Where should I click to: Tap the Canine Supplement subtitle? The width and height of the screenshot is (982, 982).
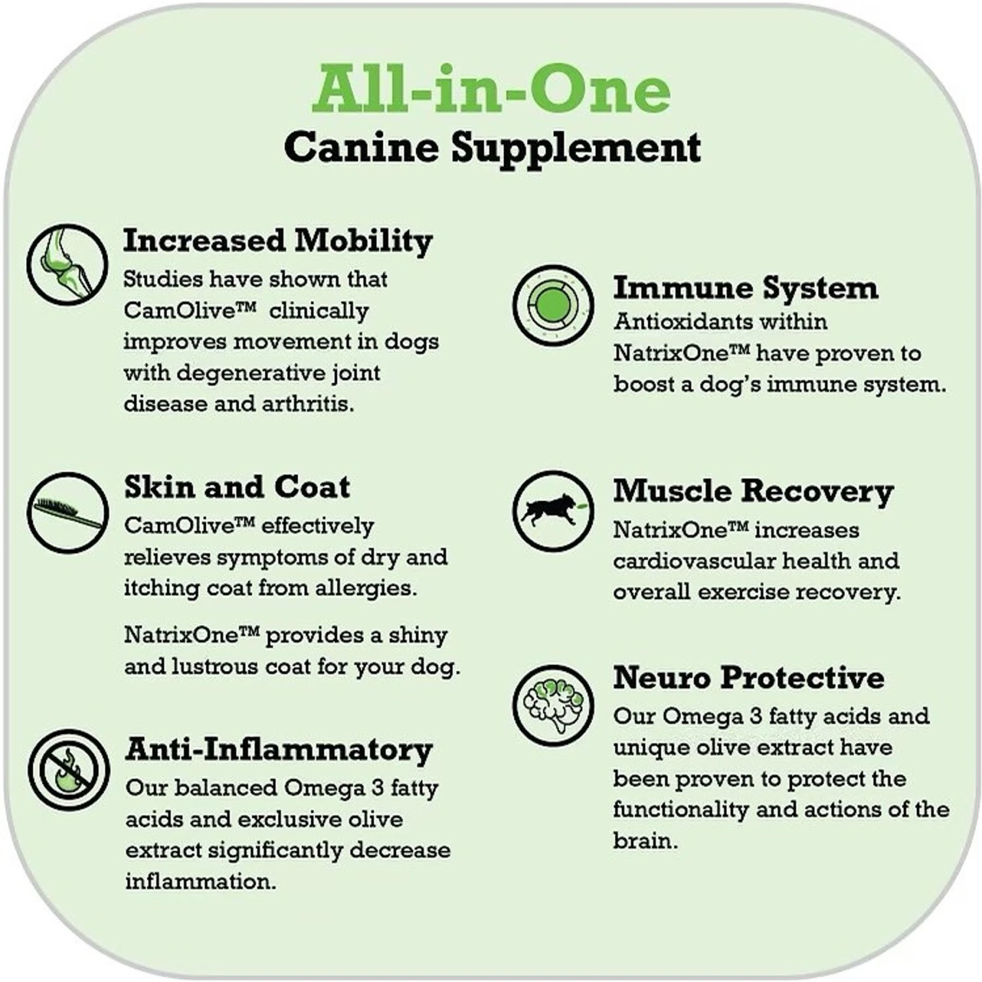click(492, 147)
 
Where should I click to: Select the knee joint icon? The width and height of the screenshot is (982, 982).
click(67, 264)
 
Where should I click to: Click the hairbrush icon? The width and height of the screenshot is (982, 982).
click(68, 513)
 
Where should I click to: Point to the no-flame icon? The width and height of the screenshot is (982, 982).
click(68, 770)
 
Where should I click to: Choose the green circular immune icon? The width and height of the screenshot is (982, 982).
click(553, 305)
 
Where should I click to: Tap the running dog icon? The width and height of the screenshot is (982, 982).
click(553, 510)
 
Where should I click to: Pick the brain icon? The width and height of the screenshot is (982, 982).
click(553, 705)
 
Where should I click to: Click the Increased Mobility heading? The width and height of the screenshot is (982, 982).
click(278, 241)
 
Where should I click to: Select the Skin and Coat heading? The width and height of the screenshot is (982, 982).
click(237, 487)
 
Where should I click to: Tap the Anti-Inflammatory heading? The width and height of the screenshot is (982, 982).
click(279, 750)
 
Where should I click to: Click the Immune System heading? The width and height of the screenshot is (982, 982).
click(745, 288)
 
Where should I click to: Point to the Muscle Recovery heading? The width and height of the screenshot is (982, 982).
click(753, 492)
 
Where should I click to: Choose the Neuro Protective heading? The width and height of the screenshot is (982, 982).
click(748, 678)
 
